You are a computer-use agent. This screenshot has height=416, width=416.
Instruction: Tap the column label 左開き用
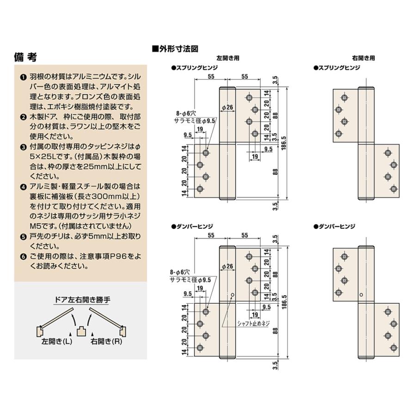click(228, 59)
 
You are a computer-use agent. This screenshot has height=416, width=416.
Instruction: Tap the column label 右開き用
click(363, 59)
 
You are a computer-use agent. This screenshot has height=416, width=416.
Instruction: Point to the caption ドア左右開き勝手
click(80, 300)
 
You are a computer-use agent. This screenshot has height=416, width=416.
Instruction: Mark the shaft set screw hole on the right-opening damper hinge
click(361, 292)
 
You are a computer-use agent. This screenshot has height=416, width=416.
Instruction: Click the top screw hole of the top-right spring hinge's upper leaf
click(343, 98)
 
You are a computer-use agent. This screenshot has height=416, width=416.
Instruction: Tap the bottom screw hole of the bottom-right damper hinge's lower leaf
click(394, 348)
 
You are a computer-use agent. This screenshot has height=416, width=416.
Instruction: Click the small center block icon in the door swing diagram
click(81, 331)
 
